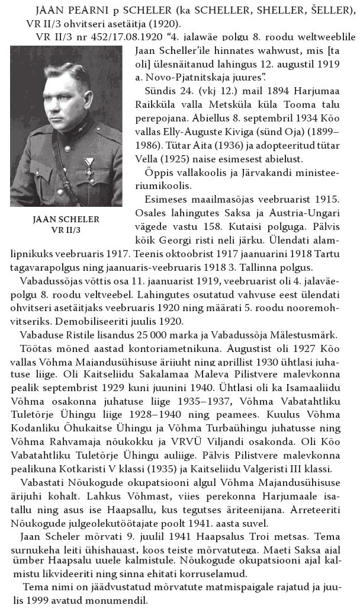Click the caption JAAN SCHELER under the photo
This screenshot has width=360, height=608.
click(x=66, y=219)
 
